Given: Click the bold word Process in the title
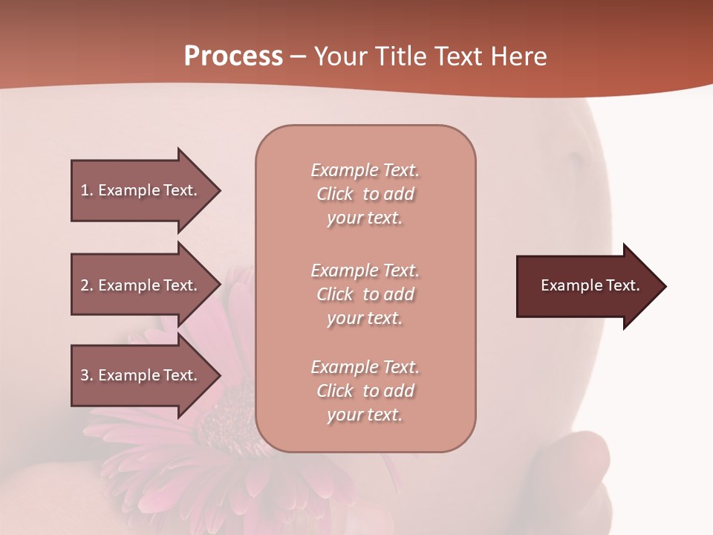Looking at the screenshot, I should (233, 56).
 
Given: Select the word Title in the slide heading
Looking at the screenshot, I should (402, 56).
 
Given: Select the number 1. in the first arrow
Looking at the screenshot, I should (87, 190).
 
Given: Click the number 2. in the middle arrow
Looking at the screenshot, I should (87, 285).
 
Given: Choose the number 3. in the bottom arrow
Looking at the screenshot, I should (87, 375).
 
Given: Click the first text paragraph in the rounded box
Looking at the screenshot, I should (365, 194).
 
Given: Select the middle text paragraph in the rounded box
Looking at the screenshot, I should (365, 294).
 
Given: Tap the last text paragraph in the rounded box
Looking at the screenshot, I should (365, 391).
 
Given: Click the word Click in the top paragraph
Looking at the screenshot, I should (335, 194).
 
